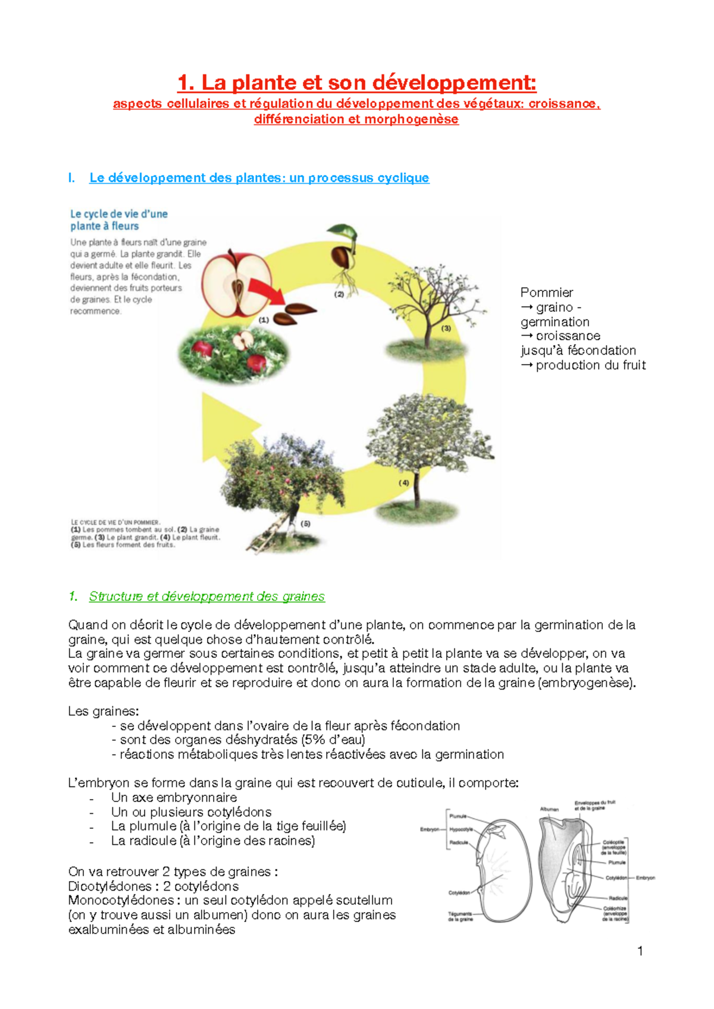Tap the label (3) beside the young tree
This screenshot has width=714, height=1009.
tap(446, 328)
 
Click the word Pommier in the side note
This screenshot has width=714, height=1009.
tap(546, 293)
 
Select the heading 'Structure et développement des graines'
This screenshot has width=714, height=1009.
tap(206, 596)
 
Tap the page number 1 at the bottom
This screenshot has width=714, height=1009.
tap(640, 951)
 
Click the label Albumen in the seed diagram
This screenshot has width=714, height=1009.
tap(549, 809)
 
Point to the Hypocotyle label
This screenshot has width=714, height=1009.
tap(461, 829)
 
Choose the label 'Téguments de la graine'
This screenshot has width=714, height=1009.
tap(460, 916)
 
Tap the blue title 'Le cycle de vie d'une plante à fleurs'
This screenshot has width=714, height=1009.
tap(118, 220)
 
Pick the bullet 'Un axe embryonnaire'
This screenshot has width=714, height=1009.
tap(174, 797)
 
